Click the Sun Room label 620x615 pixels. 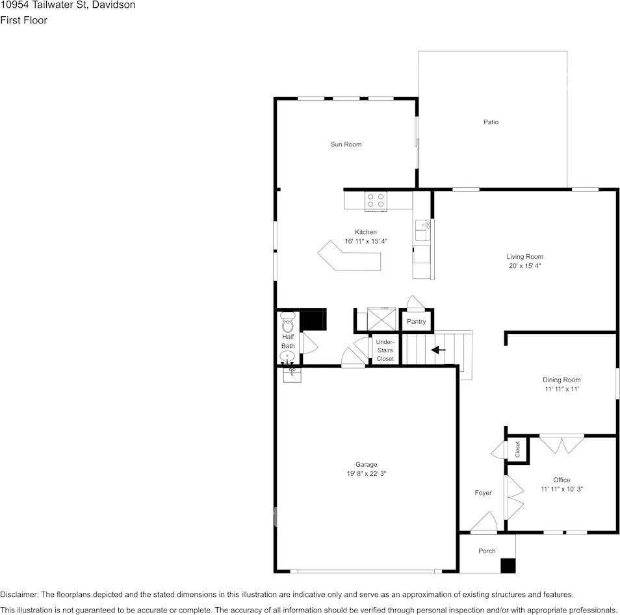(x=346, y=144)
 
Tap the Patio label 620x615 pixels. (x=491, y=122)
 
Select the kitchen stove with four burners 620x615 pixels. (x=376, y=200)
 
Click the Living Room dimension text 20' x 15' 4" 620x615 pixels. (x=525, y=266)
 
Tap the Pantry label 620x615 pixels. (x=416, y=322)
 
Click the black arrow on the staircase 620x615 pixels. (x=439, y=350)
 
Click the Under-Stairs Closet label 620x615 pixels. (x=385, y=350)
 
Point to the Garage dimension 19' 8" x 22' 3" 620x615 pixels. (x=367, y=474)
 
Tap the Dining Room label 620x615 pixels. (x=562, y=380)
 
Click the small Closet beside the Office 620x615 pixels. (x=518, y=449)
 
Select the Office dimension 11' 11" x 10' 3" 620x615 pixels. (x=562, y=489)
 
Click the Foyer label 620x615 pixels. (x=483, y=493)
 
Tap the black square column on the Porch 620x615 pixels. (x=508, y=566)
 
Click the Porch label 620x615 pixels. (x=487, y=551)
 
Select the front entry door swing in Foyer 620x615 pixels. (x=484, y=522)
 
